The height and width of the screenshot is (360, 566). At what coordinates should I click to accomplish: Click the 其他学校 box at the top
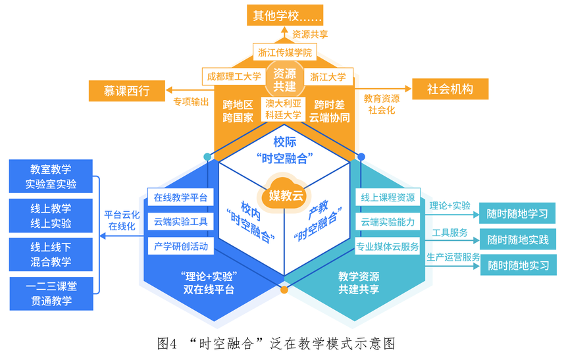(284, 15)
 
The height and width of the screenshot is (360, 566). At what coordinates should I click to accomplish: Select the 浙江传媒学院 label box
(284, 52)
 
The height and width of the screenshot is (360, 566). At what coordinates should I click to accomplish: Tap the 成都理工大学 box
(234, 76)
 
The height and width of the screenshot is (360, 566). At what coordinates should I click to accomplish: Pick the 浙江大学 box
(328, 76)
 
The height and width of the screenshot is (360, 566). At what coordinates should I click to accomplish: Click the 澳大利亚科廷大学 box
(283, 109)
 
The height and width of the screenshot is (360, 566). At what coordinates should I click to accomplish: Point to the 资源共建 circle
(284, 81)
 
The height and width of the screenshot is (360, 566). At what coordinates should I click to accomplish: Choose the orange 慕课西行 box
(126, 90)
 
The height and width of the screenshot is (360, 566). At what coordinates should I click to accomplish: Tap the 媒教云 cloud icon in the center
(285, 194)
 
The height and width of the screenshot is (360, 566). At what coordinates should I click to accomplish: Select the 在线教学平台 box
(180, 197)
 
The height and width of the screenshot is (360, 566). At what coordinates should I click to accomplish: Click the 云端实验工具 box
(180, 222)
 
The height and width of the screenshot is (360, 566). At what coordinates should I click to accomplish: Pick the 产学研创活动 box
(180, 246)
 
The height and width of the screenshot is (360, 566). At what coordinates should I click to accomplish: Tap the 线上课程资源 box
(388, 197)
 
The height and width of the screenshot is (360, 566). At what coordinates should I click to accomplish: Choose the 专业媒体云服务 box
(388, 246)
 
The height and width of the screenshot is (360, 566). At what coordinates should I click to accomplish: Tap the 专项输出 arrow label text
(191, 102)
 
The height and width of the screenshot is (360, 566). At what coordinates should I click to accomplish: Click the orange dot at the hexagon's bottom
(284, 289)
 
